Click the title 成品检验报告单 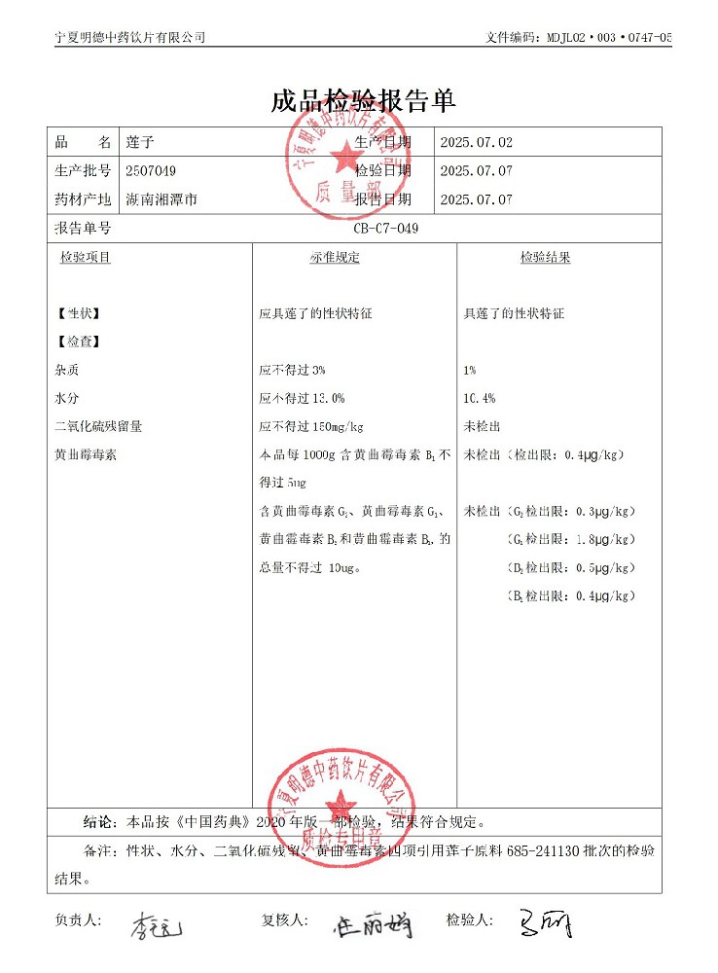coord(363,101)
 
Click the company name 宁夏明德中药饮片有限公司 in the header coord(130,37)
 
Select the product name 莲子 coord(139,142)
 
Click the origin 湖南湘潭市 coord(162,199)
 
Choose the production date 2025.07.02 coord(476,142)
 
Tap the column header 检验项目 coord(86,258)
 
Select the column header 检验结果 coord(545,258)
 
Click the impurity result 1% coord(470,370)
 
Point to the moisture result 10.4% coord(480,398)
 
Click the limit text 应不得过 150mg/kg coord(311,426)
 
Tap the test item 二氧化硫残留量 coord(99,426)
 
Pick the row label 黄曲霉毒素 coord(86,454)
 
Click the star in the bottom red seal coord(341,804)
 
